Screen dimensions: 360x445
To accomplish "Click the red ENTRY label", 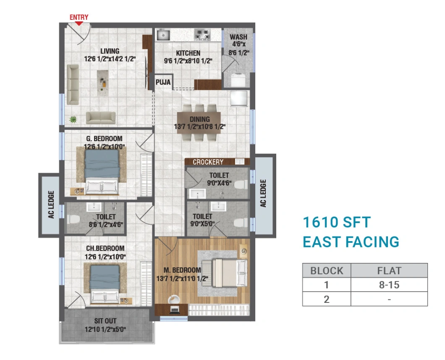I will pyautogui.click(x=79, y=17).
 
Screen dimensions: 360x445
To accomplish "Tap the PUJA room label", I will pyautogui.click(x=163, y=82).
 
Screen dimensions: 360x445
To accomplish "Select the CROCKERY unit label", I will pyautogui.click(x=208, y=162).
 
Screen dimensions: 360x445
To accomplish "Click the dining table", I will pyautogui.click(x=199, y=122).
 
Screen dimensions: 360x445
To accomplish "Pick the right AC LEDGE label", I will pyautogui.click(x=264, y=194).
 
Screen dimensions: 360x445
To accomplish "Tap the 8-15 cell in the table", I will pyautogui.click(x=389, y=285).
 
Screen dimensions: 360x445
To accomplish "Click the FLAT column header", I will pyautogui.click(x=389, y=271).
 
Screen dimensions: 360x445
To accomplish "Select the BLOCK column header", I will pyautogui.click(x=326, y=271).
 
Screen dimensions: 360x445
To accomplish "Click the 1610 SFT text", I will pyautogui.click(x=337, y=222).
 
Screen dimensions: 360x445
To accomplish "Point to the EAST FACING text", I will pyautogui.click(x=351, y=242).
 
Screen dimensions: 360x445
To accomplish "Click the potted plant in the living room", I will pyautogui.click(x=73, y=120).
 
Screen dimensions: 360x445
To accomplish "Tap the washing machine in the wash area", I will pyautogui.click(x=238, y=79).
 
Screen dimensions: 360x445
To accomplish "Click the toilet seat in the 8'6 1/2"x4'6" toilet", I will pyautogui.click(x=74, y=219).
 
